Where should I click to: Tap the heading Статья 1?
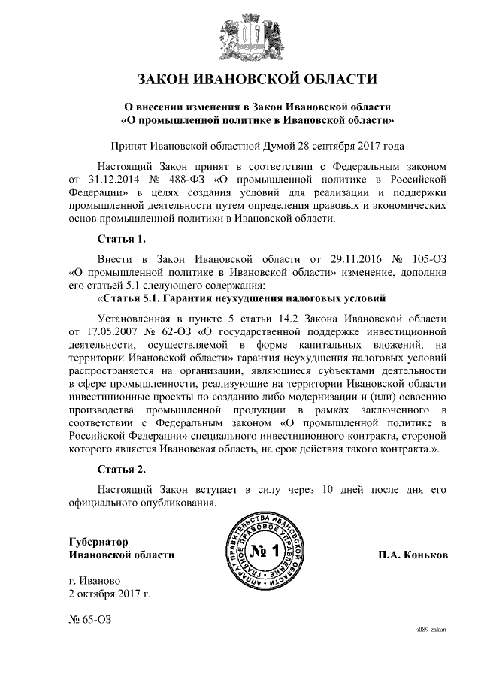coord(121,240)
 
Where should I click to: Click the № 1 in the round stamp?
coord(263,553)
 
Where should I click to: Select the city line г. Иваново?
coord(94,582)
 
